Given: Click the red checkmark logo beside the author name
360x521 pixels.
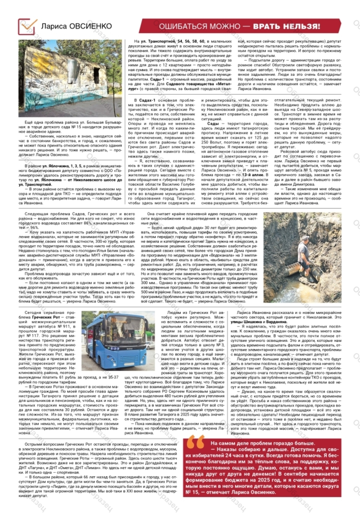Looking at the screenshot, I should pos(27,26).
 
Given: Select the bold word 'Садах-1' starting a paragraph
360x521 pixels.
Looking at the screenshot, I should pos(147,100).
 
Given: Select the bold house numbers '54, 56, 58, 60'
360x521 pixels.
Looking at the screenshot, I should pos(191,41).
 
